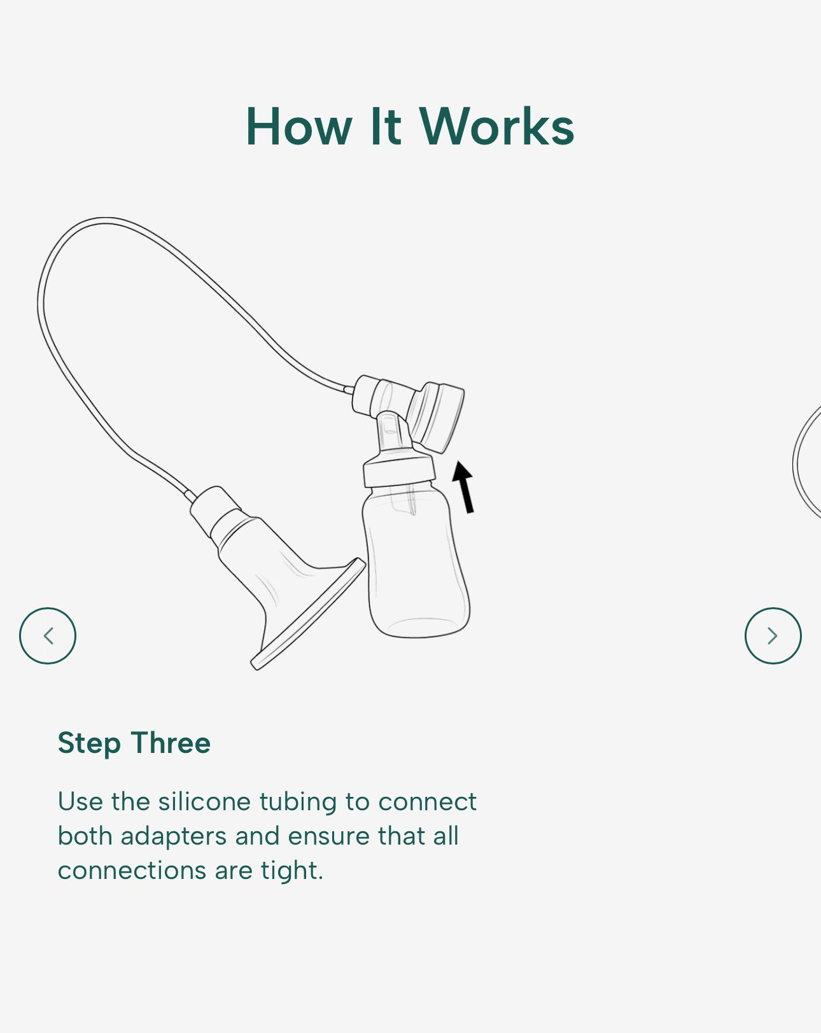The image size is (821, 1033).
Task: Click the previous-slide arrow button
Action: (48, 636)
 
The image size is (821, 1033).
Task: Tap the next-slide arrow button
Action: (773, 636)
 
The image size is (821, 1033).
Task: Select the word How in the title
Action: (299, 127)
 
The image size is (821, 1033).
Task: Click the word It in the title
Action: (386, 127)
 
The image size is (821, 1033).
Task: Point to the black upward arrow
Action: (464, 487)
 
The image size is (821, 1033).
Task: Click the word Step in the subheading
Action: (89, 744)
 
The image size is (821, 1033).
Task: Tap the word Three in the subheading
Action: (171, 743)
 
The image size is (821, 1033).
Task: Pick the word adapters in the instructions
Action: (173, 838)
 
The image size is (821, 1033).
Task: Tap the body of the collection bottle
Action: (416, 564)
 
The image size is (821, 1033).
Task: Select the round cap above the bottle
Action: (436, 417)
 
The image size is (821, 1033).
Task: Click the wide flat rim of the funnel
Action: (308, 614)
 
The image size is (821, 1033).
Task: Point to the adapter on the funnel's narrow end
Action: (216, 510)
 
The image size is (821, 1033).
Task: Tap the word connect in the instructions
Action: (427, 802)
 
